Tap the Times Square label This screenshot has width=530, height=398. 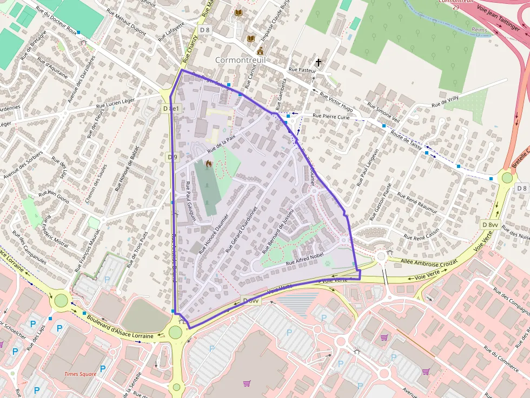click(x=80, y=374)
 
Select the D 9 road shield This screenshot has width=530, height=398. click(x=172, y=157)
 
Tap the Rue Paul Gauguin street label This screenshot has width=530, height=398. click(x=190, y=200)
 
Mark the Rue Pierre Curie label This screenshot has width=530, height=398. click(x=332, y=116)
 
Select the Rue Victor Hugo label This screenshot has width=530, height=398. click(x=336, y=101)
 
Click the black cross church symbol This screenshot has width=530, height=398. click(x=319, y=63)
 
